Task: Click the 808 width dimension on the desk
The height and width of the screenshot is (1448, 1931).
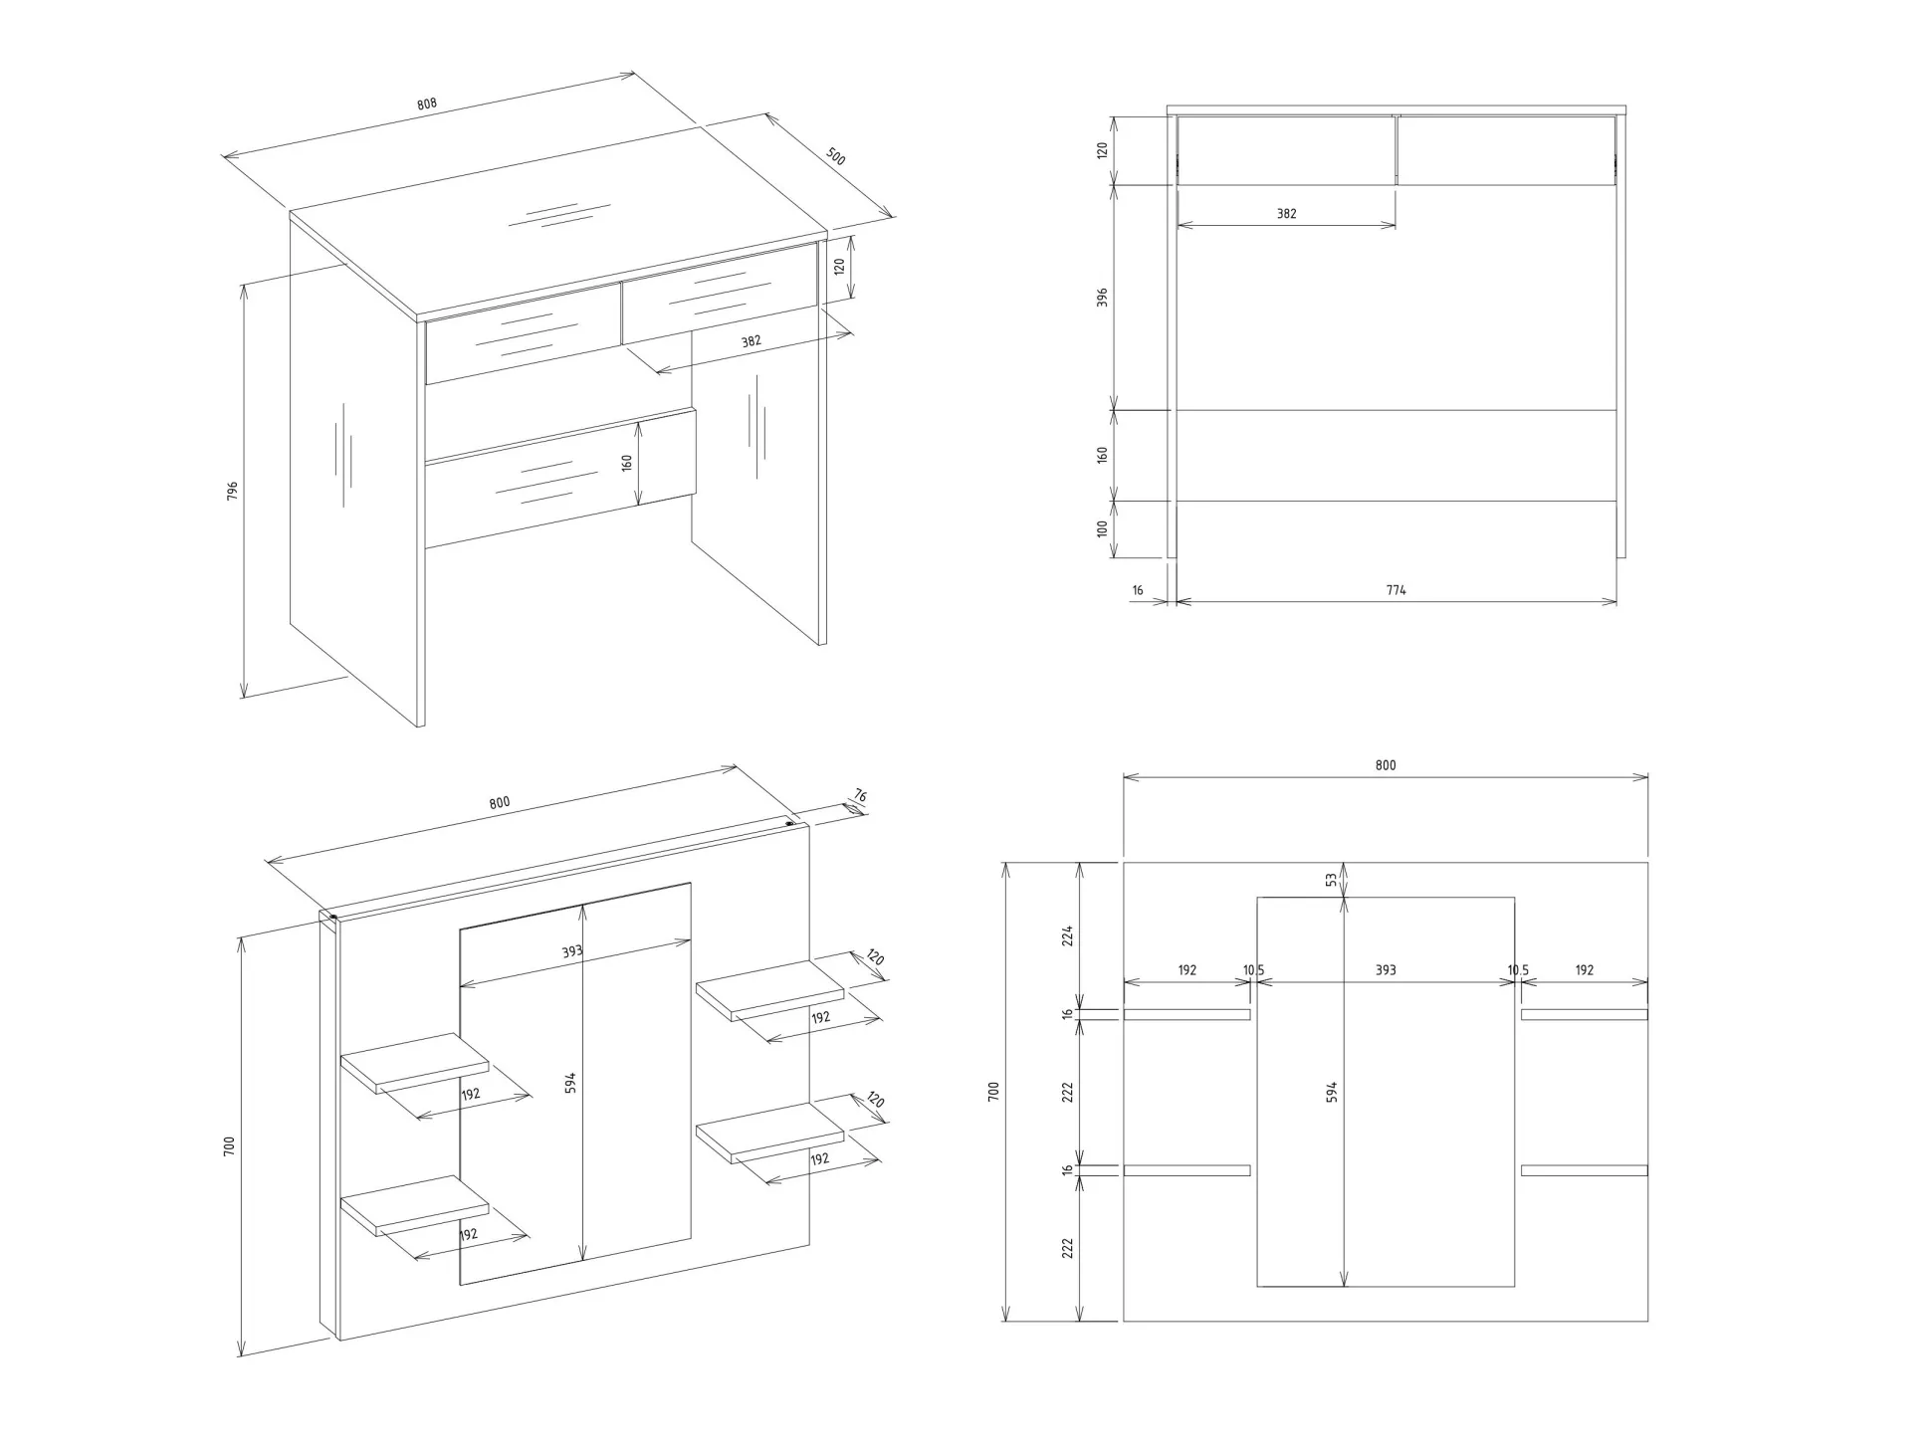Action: pyautogui.click(x=427, y=103)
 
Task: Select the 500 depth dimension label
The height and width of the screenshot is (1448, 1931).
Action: pyautogui.click(x=836, y=156)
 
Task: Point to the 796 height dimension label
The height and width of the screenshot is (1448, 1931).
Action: pyautogui.click(x=233, y=491)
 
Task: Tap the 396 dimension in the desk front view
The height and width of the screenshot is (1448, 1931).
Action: pyautogui.click(x=1102, y=297)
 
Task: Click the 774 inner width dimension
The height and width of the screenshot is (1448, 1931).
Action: pyautogui.click(x=1395, y=590)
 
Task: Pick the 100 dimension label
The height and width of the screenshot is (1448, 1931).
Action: pyautogui.click(x=1102, y=528)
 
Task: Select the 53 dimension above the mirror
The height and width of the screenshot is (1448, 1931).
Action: pyautogui.click(x=1331, y=879)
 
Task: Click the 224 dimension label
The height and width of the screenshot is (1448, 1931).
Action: pyautogui.click(x=1067, y=935)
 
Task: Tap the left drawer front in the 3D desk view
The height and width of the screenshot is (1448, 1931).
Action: pyautogui.click(x=524, y=334)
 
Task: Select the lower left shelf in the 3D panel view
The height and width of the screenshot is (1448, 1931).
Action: pyautogui.click(x=414, y=1206)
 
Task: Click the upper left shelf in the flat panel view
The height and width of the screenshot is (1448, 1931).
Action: pyautogui.click(x=1186, y=1014)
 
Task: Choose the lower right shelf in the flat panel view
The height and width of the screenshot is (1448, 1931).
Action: pyautogui.click(x=1584, y=1170)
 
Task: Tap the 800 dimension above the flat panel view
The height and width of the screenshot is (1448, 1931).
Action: pyautogui.click(x=1386, y=765)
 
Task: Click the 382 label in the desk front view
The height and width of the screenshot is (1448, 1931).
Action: pyautogui.click(x=1286, y=213)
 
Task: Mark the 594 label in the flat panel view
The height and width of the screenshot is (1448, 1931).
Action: pyautogui.click(x=1332, y=1091)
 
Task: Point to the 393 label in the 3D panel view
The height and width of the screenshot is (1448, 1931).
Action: pyautogui.click(x=571, y=951)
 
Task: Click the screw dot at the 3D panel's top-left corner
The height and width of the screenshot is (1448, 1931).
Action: pyautogui.click(x=332, y=917)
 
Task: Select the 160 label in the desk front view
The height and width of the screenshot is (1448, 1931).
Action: pyautogui.click(x=1102, y=455)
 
